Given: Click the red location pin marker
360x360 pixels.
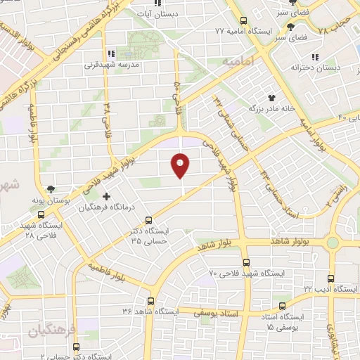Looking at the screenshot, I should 181,165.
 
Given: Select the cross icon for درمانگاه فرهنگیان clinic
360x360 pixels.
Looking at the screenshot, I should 106,196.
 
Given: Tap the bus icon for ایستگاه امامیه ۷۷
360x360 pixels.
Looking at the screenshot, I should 243,20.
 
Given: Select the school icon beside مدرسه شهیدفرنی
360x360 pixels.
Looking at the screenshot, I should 110,53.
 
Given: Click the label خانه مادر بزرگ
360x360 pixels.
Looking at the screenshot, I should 269,109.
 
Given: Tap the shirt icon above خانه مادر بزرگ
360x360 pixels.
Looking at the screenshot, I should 272,97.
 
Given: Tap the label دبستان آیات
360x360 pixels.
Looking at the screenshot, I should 176,13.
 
